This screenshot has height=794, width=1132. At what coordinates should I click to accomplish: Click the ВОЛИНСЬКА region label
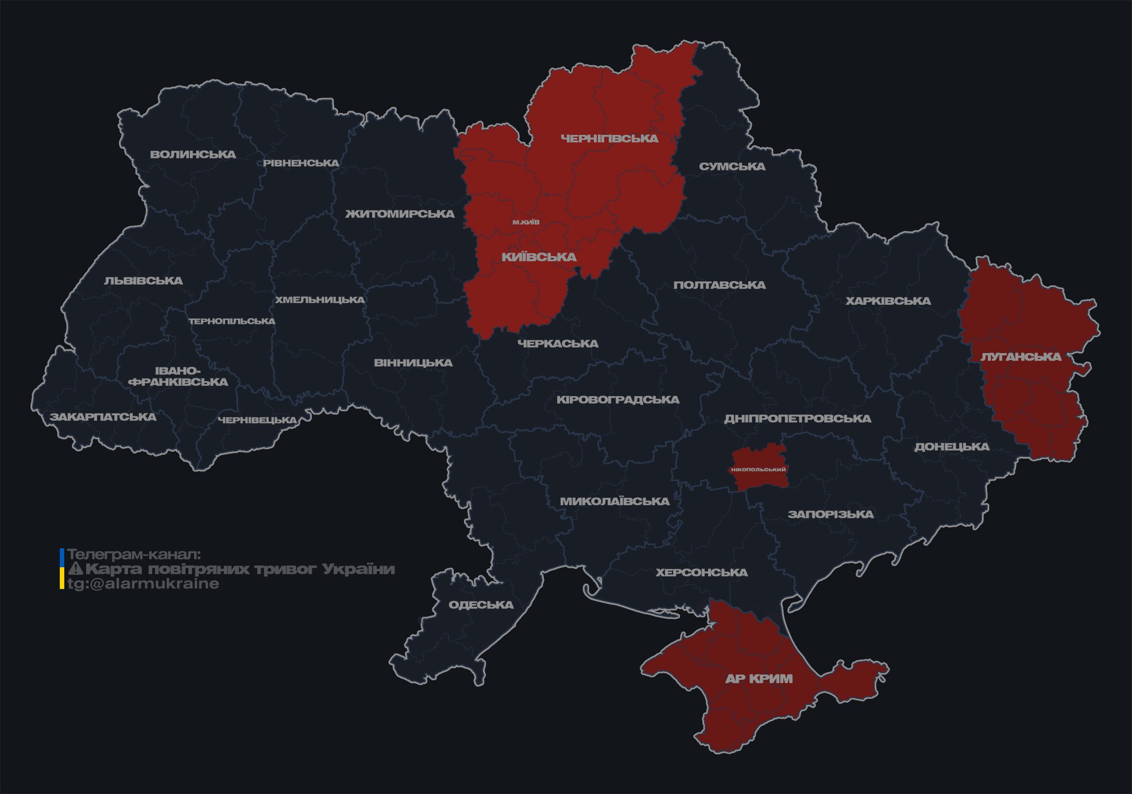coord(193,154)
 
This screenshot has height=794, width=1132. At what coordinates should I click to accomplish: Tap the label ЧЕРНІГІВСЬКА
coord(609,138)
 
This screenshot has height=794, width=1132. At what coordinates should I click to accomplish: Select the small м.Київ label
coord(526,222)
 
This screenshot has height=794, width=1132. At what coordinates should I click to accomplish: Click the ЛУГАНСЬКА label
coord(1021,357)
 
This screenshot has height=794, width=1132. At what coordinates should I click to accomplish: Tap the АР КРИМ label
coord(759,679)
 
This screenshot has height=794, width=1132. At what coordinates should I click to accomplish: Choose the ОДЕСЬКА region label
coord(481,605)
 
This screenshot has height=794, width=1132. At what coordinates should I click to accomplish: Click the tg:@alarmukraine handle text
coord(143,584)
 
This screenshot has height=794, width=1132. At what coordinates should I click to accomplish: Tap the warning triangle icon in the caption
coord(76,569)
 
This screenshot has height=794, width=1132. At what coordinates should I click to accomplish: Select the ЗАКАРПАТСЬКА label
coord(103,417)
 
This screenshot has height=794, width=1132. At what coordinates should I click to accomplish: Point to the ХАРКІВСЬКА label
coord(888,301)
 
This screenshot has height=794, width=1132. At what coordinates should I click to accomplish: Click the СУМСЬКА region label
coord(732,166)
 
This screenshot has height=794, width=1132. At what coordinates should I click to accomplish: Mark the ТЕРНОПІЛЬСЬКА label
coord(232,321)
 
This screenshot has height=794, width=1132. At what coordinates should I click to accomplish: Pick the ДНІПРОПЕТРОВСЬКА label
coord(797,419)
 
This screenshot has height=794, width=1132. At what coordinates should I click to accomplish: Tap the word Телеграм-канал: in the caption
coord(134,555)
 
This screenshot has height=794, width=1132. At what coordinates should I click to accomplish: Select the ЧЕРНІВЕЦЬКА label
coord(257,420)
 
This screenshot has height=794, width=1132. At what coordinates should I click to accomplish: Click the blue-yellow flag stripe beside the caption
coord(62,568)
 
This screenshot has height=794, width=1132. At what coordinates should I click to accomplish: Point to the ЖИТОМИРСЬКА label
coord(400,214)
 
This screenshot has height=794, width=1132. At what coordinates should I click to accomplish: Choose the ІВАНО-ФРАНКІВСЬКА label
coord(179,376)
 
